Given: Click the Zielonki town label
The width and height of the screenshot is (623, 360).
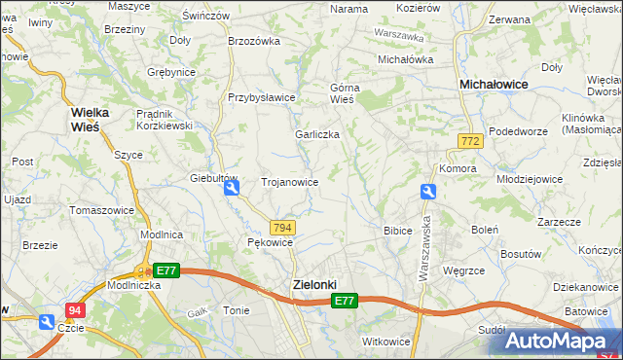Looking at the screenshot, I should pos(314,284).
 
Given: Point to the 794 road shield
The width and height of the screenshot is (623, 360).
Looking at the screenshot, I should pos(281,227).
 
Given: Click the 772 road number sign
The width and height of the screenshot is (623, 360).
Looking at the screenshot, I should pos(471,142).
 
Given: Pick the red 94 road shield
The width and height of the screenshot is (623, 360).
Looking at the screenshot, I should pos(75,310).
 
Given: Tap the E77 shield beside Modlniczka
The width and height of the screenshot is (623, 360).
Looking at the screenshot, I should pos(166,270).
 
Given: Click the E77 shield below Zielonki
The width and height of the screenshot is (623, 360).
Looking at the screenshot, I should pos(344,302).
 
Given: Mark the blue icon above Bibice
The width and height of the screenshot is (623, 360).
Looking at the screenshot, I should pos(427,193).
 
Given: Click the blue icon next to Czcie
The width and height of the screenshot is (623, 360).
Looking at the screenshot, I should pos(46,322).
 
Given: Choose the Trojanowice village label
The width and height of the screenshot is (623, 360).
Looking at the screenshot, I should pos(290,182).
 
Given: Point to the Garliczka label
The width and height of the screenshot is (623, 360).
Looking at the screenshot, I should pos(317,135).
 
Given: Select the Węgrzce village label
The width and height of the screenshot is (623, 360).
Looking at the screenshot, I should pos(463,270).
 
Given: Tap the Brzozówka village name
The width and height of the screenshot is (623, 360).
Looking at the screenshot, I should pos(253,41).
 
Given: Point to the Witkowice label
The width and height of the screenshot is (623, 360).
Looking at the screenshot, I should pos(386,342).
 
